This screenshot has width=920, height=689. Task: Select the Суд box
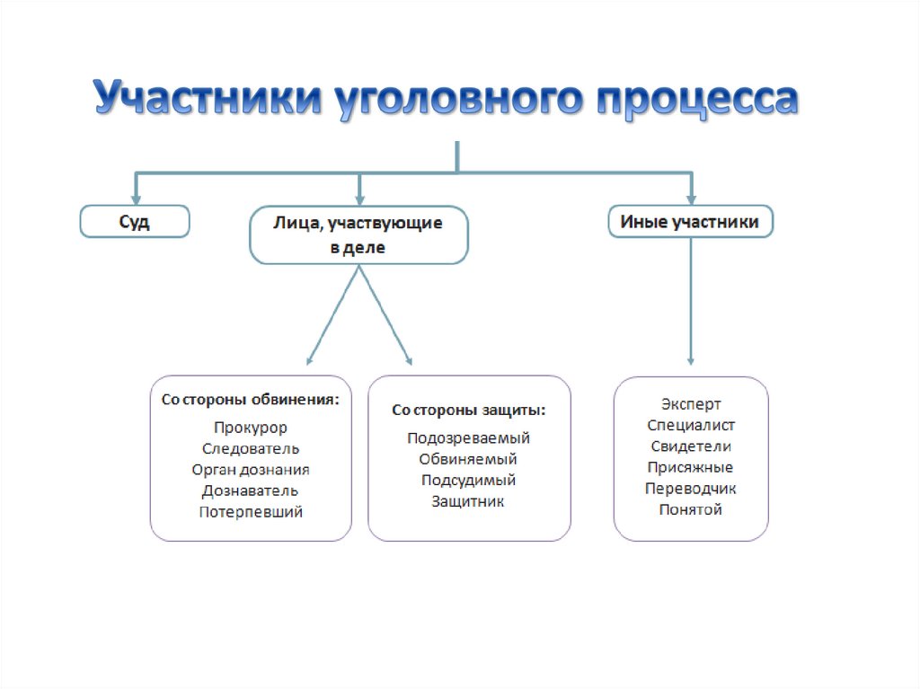pyautogui.click(x=135, y=221)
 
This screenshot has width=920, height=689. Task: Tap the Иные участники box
pyautogui.click(x=691, y=221)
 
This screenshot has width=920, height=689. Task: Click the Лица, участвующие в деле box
pyautogui.click(x=358, y=235)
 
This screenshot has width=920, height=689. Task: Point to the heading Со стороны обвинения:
pyautogui.click(x=251, y=400)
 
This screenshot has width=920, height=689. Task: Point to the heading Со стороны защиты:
pyautogui.click(x=469, y=410)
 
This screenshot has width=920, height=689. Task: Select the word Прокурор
pyautogui.click(x=251, y=428)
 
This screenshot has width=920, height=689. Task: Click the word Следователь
pyautogui.click(x=251, y=448)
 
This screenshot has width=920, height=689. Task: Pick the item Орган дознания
pyautogui.click(x=251, y=469)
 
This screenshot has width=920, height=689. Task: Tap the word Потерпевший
pyautogui.click(x=251, y=512)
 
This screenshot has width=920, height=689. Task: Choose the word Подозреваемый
pyautogui.click(x=469, y=438)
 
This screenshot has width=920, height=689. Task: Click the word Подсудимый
pyautogui.click(x=469, y=481)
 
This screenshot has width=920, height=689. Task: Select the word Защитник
pyautogui.click(x=469, y=501)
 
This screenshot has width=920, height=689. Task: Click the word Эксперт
pyautogui.click(x=691, y=404)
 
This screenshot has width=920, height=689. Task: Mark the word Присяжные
pyautogui.click(x=691, y=467)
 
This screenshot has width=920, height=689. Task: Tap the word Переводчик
pyautogui.click(x=691, y=489)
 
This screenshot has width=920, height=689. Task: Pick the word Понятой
pyautogui.click(x=691, y=509)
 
